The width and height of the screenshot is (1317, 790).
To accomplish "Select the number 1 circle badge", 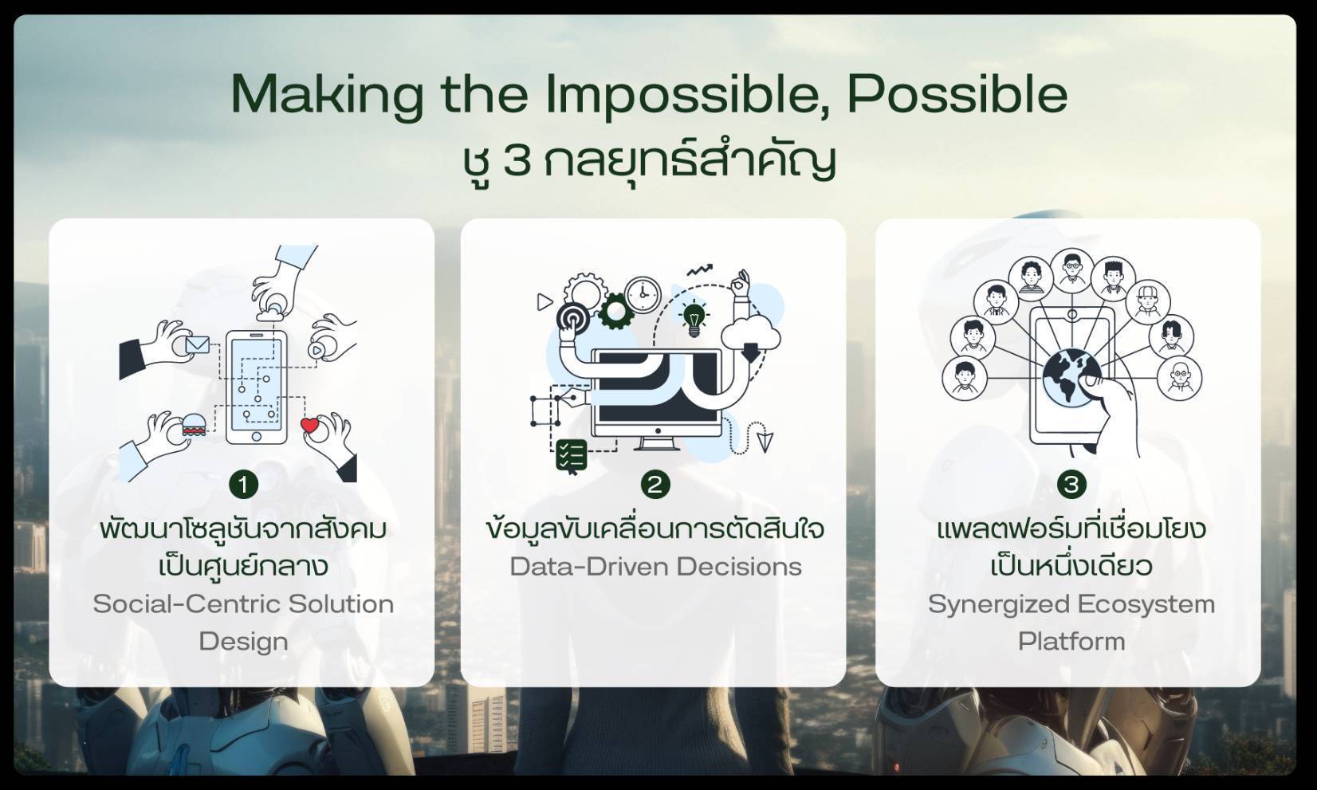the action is pyautogui.click(x=243, y=485).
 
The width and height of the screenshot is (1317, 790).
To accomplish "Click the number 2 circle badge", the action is pyautogui.click(x=655, y=485).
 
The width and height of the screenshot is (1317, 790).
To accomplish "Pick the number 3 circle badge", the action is pyautogui.click(x=1071, y=485).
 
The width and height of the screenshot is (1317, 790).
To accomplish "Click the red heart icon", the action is pyautogui.click(x=310, y=425).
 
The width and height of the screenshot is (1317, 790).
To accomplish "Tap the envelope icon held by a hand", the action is pyautogui.click(x=198, y=345).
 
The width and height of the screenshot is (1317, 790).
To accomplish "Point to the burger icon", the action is pyautogui.click(x=194, y=424).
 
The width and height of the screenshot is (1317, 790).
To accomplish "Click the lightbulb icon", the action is pyautogui.click(x=694, y=318).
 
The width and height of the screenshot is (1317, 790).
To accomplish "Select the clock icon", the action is pyautogui.click(x=643, y=295).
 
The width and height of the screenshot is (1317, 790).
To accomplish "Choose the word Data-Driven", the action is pyautogui.click(x=589, y=567).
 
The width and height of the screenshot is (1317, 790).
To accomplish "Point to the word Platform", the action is pyautogui.click(x=1071, y=641).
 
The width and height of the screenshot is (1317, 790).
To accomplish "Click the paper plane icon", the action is pyautogui.click(x=765, y=441).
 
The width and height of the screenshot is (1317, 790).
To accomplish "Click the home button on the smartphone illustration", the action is pyautogui.click(x=257, y=436).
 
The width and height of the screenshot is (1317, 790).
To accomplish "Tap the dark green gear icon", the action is pyautogui.click(x=615, y=310).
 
